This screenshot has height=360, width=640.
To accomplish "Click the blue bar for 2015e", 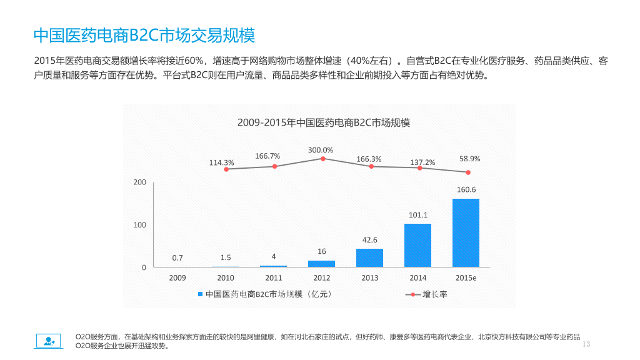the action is click(x=466, y=232).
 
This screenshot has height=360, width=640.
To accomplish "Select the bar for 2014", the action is click(x=417, y=245).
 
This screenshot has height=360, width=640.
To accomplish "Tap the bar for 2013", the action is click(x=369, y=258).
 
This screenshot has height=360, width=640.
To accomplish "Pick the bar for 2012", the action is click(x=322, y=264).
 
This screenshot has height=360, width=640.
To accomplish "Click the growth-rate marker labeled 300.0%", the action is click(x=323, y=159).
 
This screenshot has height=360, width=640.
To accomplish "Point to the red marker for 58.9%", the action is click(x=468, y=172).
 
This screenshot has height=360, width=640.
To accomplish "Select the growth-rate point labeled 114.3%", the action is click(x=226, y=169).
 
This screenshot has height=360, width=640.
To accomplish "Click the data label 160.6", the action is click(x=466, y=189).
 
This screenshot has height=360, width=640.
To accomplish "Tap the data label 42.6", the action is click(x=370, y=239).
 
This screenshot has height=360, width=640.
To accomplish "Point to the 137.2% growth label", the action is click(x=422, y=162).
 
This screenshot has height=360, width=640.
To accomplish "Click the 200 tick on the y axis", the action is click(x=139, y=182).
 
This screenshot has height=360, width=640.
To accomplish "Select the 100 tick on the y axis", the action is click(x=139, y=225).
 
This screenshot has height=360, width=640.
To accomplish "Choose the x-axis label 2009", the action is click(x=177, y=277).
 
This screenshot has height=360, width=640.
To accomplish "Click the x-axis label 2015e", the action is click(x=466, y=277).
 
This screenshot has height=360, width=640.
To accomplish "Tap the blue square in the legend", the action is click(x=201, y=294).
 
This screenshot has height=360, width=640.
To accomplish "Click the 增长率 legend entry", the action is click(x=426, y=294).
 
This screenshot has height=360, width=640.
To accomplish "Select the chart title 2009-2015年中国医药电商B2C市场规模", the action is click(x=324, y=122).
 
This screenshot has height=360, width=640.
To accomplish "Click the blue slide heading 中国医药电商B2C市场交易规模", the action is click(x=144, y=36).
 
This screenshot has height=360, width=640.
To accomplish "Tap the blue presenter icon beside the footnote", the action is click(x=49, y=341).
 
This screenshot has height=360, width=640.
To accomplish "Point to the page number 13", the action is click(x=586, y=344).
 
